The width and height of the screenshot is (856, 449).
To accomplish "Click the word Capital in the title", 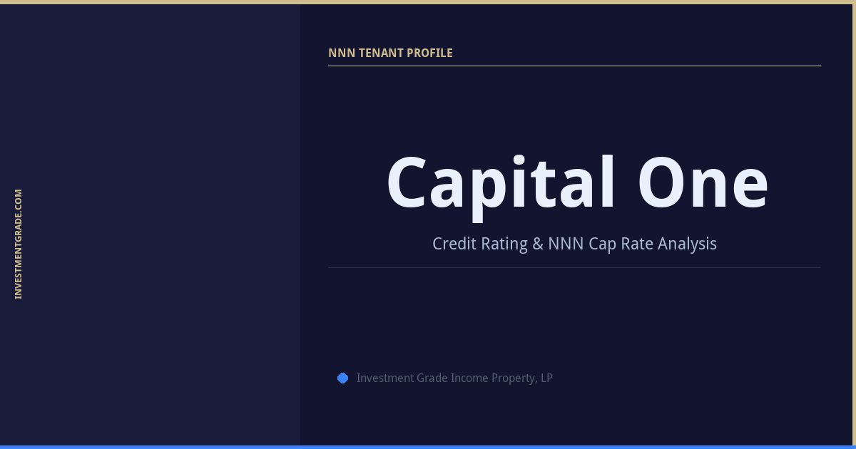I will click(500, 184).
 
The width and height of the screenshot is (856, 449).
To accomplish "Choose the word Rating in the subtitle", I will click(504, 244).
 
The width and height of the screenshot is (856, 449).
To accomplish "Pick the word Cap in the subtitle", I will click(602, 244).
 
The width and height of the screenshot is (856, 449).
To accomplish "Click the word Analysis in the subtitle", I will click(687, 244).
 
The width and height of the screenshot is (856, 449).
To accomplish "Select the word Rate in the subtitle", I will click(637, 244).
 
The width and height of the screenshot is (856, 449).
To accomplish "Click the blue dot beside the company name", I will click(342, 378).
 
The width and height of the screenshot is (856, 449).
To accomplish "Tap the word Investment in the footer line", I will click(384, 378).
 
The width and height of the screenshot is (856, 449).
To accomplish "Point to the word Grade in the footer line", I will click(431, 378).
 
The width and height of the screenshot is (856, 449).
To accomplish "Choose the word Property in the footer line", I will click(514, 378).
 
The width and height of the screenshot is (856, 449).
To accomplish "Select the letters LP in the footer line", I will click(546, 378).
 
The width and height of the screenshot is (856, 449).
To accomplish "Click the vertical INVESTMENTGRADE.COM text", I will click(19, 244).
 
